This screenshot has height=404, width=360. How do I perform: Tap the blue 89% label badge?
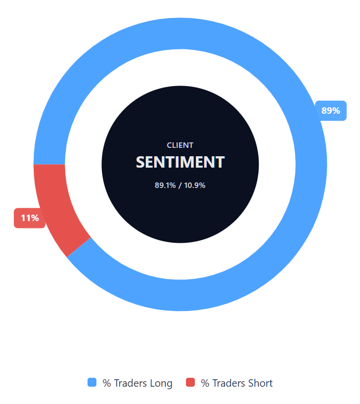coord(330,111)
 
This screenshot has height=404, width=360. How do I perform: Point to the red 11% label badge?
coord(30,218)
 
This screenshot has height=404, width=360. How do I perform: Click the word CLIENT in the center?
coord(180,145)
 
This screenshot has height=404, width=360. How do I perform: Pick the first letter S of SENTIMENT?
coord(141,162)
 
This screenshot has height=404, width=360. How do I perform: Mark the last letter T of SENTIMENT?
coord(220,162)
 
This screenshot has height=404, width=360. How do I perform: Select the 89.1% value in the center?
coord(165,185)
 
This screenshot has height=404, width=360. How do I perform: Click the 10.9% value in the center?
coord(195,185)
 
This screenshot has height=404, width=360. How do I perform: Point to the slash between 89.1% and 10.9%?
coord(180,185)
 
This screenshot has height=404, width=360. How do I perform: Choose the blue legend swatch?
coord(92,382)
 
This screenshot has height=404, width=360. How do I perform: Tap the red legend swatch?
coord(190,382)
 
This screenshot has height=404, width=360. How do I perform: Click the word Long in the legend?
coord(161,383)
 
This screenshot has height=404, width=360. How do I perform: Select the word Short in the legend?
coord(260,383)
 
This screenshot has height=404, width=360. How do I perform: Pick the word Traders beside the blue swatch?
coord(130,383)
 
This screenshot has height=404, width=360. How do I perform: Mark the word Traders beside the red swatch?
coord(228,383)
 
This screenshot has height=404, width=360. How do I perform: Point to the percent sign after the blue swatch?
coord(106,383)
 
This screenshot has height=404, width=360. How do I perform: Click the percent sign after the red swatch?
coord(205,383)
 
